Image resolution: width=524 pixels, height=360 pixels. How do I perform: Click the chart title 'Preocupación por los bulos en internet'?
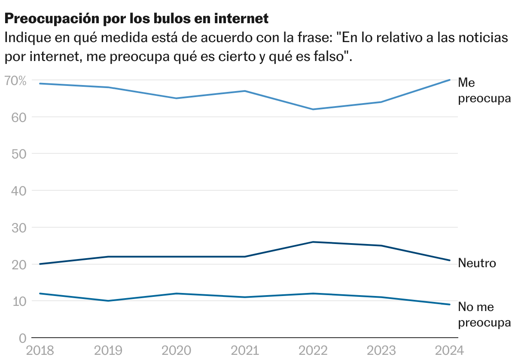pyautogui.click(x=136, y=18)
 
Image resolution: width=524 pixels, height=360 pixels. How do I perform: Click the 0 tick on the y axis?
pyautogui.click(x=23, y=338)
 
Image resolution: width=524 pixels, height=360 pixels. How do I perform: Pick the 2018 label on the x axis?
pyautogui.click(x=40, y=350)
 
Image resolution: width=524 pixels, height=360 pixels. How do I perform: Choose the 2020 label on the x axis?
pyautogui.click(x=176, y=350)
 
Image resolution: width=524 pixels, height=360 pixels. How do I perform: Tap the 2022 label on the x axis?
pyautogui.click(x=313, y=350)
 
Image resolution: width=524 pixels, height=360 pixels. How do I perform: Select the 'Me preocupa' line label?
pyautogui.click(x=484, y=90)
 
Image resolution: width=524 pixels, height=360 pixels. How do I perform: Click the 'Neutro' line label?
pyautogui.click(x=477, y=263)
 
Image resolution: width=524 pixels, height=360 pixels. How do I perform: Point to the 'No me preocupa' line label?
pyautogui.click(x=484, y=315)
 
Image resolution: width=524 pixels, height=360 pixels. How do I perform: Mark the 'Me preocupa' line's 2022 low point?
pyautogui.click(x=313, y=109)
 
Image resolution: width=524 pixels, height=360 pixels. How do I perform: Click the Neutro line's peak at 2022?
pyautogui.click(x=313, y=242)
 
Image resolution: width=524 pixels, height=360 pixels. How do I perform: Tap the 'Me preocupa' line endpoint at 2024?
pyautogui.click(x=449, y=80)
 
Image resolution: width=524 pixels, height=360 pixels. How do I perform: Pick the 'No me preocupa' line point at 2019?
pyautogui.click(x=108, y=301)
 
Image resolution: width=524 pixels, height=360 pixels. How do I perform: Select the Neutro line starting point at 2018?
pyautogui.click(x=40, y=264)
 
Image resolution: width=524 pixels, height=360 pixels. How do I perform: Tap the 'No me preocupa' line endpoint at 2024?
pyautogui.click(x=449, y=305)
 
